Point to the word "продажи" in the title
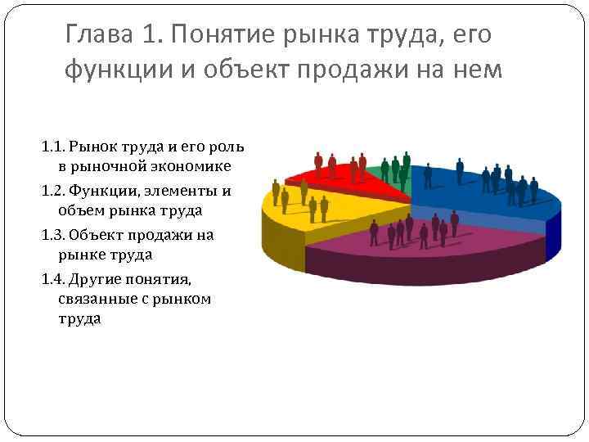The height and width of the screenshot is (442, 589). click(x=372, y=71)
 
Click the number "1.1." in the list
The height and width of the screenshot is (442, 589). click(x=53, y=147)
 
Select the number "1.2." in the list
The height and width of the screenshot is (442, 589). click(x=53, y=192)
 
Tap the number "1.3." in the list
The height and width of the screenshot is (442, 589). click(x=53, y=235)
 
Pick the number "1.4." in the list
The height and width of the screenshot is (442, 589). click(x=53, y=278)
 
